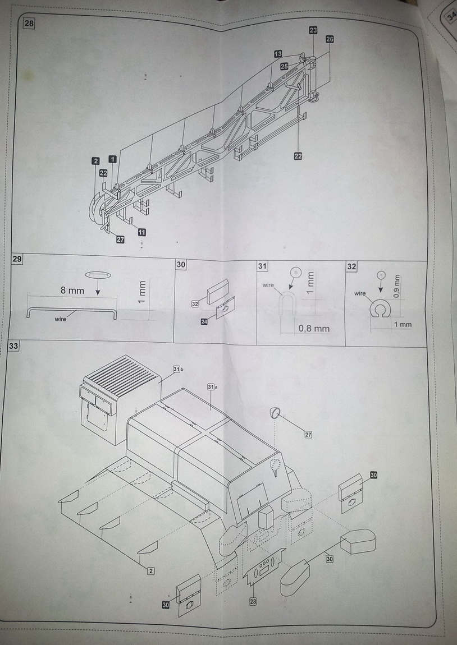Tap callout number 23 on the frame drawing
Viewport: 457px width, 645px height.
[x=313, y=30]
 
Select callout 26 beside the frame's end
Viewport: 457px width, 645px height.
[x=329, y=39]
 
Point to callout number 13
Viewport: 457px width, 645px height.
[x=278, y=54]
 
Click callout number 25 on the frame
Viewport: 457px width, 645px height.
[x=284, y=66]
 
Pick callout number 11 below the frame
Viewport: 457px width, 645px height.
[x=141, y=232]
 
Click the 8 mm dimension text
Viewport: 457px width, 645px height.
[x=72, y=291]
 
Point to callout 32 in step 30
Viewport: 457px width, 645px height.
[x=195, y=303]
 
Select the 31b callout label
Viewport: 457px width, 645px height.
[x=177, y=369]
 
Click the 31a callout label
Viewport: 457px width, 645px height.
[x=211, y=387]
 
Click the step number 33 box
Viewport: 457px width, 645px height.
[x=13, y=346]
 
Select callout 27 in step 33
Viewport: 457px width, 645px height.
[x=308, y=435]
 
